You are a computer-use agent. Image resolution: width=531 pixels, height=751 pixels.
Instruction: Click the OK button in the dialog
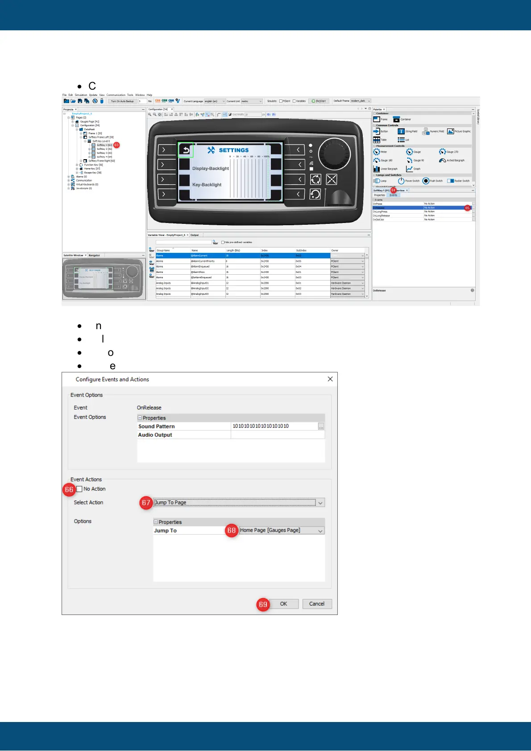tap(283, 604)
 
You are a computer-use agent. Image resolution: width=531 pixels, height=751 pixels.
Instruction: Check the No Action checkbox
tap(79, 489)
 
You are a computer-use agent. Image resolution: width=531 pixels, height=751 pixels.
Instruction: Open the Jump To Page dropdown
tap(239, 503)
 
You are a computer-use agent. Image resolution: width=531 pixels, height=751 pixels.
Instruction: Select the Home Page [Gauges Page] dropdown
tap(282, 530)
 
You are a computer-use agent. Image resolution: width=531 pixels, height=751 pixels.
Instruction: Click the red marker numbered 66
tap(69, 490)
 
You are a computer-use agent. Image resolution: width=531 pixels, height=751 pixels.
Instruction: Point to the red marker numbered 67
tap(146, 503)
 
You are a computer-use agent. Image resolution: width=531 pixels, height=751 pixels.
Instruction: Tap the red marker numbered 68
tap(231, 530)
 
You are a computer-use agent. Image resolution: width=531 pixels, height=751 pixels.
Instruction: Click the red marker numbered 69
tap(263, 604)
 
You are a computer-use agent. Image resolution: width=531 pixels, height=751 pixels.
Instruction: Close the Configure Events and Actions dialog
tap(330, 379)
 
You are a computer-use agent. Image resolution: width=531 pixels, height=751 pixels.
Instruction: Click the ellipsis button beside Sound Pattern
tap(321, 426)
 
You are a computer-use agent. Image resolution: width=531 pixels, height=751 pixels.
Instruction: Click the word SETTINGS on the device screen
tap(234, 150)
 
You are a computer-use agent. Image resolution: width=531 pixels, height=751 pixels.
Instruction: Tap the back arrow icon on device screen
tap(186, 150)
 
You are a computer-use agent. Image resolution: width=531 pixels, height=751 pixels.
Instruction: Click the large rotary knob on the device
tap(334, 154)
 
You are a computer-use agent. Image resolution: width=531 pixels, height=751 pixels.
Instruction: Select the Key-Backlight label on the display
tap(207, 185)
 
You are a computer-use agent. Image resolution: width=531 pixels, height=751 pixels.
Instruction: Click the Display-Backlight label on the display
tap(210, 169)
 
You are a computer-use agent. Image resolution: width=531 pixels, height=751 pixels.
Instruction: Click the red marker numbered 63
tap(116, 145)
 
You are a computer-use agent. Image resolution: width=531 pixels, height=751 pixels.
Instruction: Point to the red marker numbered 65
tap(467, 208)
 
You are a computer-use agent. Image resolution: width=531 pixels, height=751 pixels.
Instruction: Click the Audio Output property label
tap(155, 435)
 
